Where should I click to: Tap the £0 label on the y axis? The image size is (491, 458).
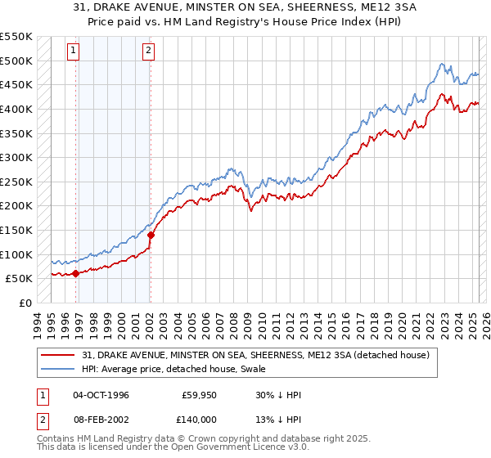pyautogui.click(x=25, y=303)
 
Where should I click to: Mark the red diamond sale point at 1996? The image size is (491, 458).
pyautogui.click(x=76, y=273)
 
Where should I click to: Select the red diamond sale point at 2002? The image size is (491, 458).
pyautogui.click(x=151, y=235)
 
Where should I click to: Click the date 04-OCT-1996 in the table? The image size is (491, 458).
pyautogui.click(x=101, y=395)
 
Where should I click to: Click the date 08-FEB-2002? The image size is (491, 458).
pyautogui.click(x=101, y=419)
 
